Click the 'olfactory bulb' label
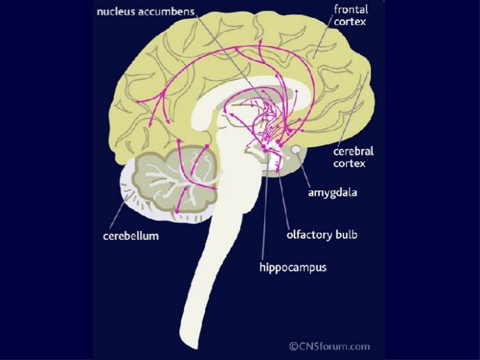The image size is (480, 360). coord(321,235)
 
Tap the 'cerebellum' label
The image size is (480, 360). coord(131,236)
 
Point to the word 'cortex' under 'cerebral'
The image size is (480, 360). coord(349,162)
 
